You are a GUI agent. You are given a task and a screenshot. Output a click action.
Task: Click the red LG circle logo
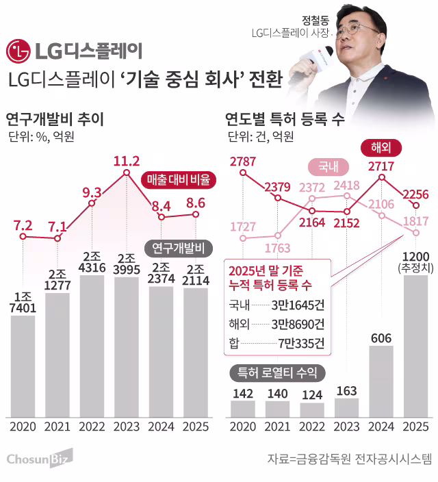[x=18, y=51]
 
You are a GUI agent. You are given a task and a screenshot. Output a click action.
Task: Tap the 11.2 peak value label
[x=126, y=161]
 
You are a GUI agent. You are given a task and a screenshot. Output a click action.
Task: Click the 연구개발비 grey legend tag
[x=179, y=246]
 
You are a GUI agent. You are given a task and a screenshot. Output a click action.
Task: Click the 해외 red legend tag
[x=380, y=147]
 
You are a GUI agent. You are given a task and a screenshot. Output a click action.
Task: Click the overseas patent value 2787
[x=242, y=162]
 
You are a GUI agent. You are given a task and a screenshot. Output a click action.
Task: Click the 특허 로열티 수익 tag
[x=277, y=373]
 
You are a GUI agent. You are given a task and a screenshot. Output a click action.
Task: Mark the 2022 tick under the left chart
[x=92, y=426]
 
